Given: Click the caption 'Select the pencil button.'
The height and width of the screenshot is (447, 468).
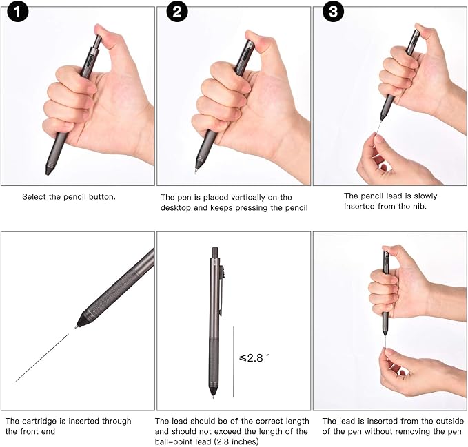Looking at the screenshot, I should [69, 196].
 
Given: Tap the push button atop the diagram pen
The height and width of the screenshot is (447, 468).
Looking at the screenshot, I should [214, 251].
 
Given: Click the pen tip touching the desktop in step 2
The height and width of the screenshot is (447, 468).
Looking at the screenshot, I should [199, 168].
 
